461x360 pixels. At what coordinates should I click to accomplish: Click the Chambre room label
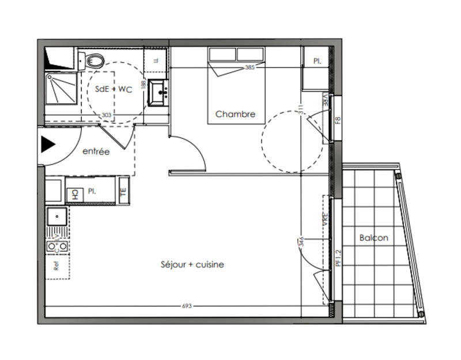coord(235,114)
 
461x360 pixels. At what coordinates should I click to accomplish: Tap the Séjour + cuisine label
coord(192,264)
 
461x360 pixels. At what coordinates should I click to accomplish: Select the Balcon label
coord(373,237)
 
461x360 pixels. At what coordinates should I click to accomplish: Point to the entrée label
coord(96,151)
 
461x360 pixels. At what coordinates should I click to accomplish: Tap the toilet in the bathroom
coord(94,60)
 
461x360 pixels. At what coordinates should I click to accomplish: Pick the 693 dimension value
coord(186,306)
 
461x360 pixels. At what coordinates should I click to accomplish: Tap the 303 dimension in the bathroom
coord(107,115)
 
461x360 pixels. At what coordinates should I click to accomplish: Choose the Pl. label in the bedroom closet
coord(317,60)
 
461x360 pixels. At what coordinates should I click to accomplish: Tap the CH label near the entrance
coord(74,195)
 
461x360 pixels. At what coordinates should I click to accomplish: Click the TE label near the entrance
coord(123,193)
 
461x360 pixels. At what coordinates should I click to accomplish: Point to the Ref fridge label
coord(56,267)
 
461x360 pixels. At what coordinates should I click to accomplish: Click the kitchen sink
coord(57,218)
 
